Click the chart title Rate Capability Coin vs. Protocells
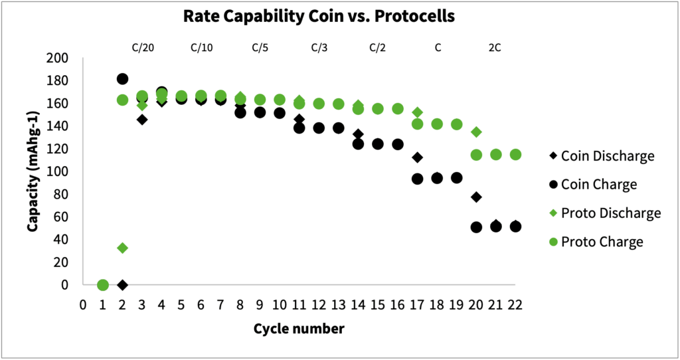[x=319, y=17]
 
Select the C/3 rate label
[x=319, y=47]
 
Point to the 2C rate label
[x=496, y=47]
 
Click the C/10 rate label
[x=202, y=47]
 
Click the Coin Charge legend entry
[x=599, y=185]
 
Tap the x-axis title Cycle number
[x=299, y=328]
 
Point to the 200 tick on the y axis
[x=58, y=58]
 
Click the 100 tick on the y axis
[x=58, y=171]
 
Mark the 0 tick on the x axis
[x=83, y=305]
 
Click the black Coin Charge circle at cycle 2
[x=122, y=79]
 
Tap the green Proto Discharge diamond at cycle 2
[x=122, y=248]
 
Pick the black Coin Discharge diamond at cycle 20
[x=476, y=197]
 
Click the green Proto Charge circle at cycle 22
[x=515, y=155]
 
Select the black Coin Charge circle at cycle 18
[x=437, y=178]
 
